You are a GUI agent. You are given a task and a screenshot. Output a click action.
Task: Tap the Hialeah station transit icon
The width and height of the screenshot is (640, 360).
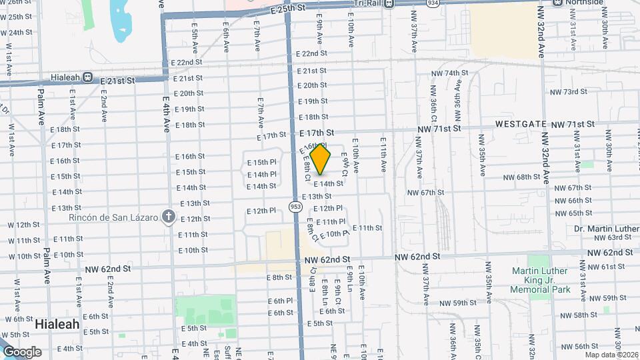click(88, 77)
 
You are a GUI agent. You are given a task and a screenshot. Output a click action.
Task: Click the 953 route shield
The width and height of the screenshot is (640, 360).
click(295, 207)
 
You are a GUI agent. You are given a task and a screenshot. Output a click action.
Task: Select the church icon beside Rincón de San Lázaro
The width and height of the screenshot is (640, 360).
click(169, 217)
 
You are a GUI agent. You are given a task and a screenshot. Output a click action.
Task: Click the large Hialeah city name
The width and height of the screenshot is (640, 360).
click(57, 324)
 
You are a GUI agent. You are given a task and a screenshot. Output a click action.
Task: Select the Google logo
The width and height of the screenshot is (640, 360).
click(22, 352)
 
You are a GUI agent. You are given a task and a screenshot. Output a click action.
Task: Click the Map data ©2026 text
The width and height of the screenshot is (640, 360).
click(609, 355)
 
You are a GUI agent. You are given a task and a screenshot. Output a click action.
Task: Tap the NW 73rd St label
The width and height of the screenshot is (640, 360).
click(568, 91)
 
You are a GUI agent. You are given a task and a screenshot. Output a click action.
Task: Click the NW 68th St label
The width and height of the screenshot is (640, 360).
click(521, 177)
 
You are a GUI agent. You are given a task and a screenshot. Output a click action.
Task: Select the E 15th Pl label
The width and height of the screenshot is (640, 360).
click(261, 162)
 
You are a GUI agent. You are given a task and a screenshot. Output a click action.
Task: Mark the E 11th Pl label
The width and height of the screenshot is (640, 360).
click(331, 222)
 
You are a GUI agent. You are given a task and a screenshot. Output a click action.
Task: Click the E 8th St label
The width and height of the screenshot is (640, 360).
click(279, 277)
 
